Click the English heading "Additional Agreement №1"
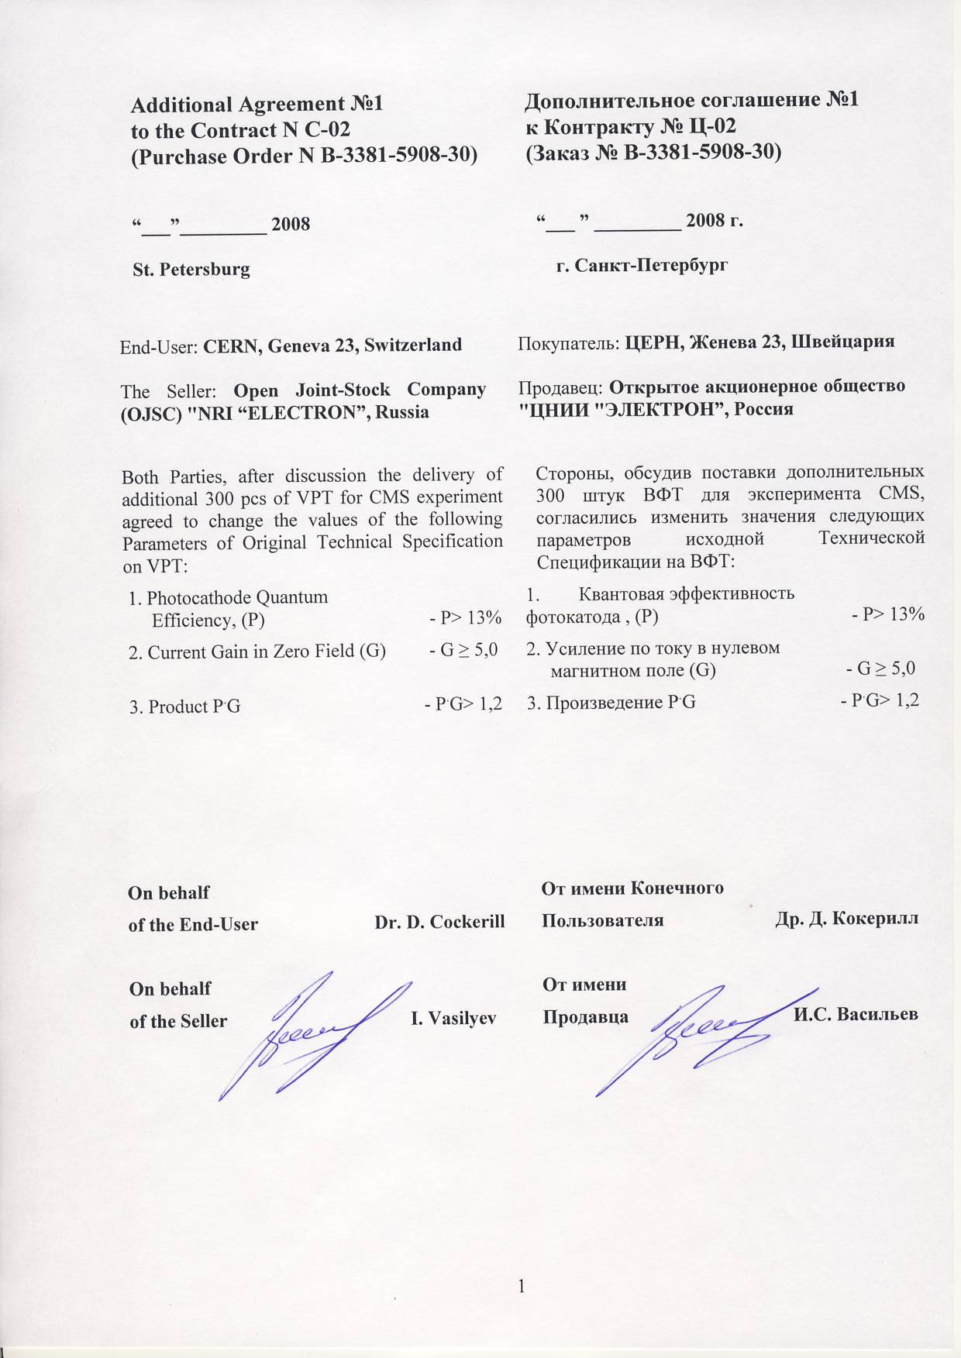[x=257, y=105]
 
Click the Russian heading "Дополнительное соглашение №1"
[x=691, y=100]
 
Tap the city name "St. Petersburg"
[x=191, y=270]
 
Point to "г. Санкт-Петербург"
[x=642, y=266]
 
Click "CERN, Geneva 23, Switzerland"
[x=332, y=346]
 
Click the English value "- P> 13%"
[x=465, y=618]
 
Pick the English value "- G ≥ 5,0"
[x=463, y=650]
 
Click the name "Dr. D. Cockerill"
[x=439, y=922]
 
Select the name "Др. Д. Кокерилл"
[x=846, y=919]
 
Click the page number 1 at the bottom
[x=522, y=1286]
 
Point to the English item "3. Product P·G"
[x=184, y=707]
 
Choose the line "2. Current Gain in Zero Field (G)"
[x=257, y=651]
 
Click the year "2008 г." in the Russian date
[x=714, y=221]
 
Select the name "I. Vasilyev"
[x=453, y=1018]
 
